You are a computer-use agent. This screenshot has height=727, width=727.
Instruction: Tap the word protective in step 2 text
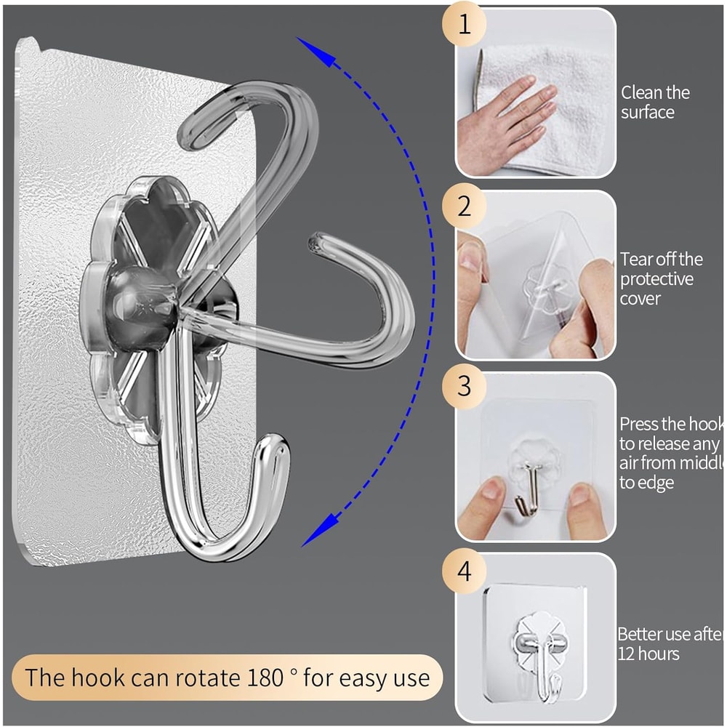click(x=656, y=279)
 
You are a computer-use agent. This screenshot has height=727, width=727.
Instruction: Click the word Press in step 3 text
click(x=640, y=424)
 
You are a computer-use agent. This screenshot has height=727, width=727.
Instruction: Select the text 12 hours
click(x=649, y=654)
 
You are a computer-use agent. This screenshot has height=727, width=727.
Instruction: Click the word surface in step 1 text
click(x=648, y=112)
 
